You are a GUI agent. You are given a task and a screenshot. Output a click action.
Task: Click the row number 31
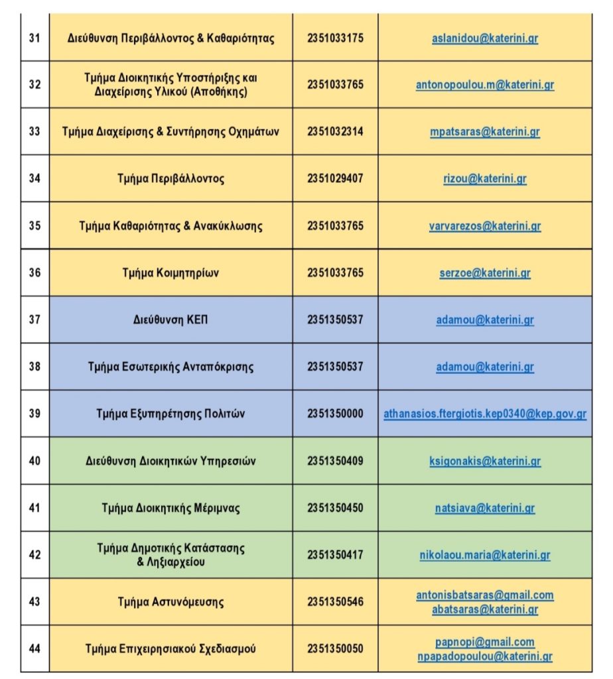point(34,38)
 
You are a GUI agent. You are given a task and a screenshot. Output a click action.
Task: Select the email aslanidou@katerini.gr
point(484,38)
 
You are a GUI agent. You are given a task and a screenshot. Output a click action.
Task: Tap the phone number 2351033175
point(335,38)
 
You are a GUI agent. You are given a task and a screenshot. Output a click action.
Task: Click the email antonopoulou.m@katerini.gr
point(484,85)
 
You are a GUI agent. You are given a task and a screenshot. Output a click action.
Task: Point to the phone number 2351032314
point(335,131)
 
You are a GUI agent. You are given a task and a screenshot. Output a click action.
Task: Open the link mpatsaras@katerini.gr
point(484,131)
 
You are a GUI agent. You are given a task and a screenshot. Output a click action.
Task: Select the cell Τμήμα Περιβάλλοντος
point(170,178)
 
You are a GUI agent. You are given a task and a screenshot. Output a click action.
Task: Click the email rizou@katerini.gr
point(484,178)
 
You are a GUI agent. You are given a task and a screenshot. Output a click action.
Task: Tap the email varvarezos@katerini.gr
point(484,225)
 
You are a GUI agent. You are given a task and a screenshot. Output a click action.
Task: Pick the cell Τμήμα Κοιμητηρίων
point(170,273)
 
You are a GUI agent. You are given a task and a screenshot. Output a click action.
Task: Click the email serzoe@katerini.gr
point(484,273)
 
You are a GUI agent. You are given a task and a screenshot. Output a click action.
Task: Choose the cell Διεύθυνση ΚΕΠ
point(170,320)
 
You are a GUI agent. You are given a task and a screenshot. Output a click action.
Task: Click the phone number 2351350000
point(335,414)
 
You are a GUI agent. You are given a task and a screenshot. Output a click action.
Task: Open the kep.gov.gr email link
point(484,414)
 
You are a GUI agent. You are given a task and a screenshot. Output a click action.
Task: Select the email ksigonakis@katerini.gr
point(484,461)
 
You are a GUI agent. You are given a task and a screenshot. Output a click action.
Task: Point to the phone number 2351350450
point(335,508)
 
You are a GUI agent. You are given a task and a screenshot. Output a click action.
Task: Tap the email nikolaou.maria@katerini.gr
point(484,555)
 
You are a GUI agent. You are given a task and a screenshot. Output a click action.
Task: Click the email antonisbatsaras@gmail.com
point(484,595)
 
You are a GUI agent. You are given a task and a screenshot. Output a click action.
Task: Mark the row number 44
point(34,648)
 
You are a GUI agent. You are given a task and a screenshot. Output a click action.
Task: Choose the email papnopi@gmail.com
point(484,642)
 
